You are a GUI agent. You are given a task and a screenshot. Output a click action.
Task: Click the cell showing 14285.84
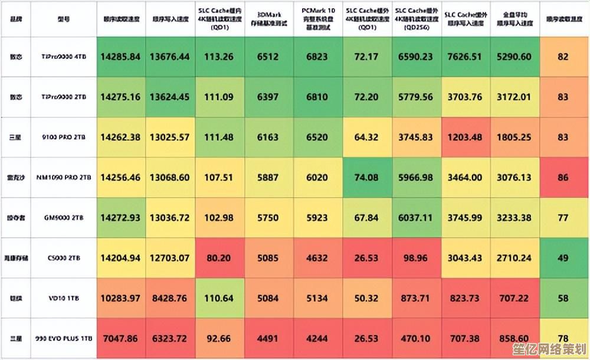(x=120, y=57)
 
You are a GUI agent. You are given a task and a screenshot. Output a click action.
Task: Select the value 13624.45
(x=169, y=97)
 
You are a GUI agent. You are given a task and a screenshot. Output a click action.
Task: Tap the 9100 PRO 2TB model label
(x=64, y=137)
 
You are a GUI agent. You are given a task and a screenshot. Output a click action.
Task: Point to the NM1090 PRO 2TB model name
(x=64, y=177)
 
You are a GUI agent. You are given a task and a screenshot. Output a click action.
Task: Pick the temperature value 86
(x=563, y=177)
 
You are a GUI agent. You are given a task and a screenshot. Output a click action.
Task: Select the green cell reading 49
(x=563, y=258)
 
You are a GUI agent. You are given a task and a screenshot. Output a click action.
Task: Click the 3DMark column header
(x=268, y=18)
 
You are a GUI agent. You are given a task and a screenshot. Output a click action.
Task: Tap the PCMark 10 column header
(x=317, y=18)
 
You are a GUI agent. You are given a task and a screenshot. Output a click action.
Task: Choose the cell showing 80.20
(x=218, y=258)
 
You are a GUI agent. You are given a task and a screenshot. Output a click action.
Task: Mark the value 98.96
(x=416, y=258)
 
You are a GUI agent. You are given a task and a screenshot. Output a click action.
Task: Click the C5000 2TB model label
(x=64, y=258)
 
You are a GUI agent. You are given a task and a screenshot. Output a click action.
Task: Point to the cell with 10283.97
(x=120, y=298)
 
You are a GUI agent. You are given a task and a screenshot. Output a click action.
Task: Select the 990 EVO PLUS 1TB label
(x=64, y=339)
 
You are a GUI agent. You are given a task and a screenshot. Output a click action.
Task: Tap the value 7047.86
(x=120, y=339)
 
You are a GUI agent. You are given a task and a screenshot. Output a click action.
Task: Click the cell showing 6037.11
(x=416, y=217)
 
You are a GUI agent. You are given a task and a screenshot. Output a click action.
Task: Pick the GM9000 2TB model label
(x=64, y=218)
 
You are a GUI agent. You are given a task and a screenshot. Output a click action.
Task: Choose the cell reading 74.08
(x=366, y=177)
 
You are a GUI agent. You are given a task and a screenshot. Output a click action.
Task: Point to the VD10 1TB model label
(x=64, y=299)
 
